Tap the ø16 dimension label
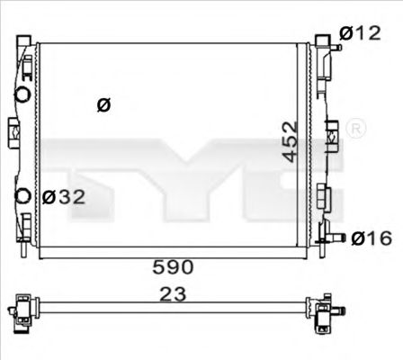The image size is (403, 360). point(371,238)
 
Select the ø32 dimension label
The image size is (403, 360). point(64,197)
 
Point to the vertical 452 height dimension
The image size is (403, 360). point(288,141)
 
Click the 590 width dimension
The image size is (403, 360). point(172,266)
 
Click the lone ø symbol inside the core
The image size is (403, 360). point(103,105)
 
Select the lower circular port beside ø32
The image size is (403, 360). point(23,197)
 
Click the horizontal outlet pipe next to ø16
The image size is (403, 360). point(336,238)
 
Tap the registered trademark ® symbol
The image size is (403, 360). point(355,128)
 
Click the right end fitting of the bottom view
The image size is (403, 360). point(327,311)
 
